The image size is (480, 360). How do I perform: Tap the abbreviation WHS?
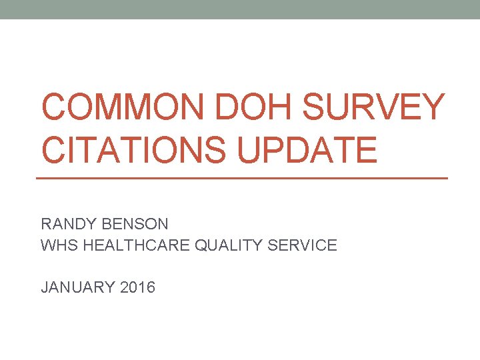[57, 245]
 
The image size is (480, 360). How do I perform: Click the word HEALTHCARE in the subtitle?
[135, 245]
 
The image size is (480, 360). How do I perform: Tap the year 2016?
[137, 287]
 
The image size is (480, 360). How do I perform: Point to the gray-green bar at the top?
[240, 9]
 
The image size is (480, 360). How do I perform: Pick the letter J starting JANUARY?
[45, 287]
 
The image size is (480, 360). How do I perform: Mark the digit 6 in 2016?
[150, 287]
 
